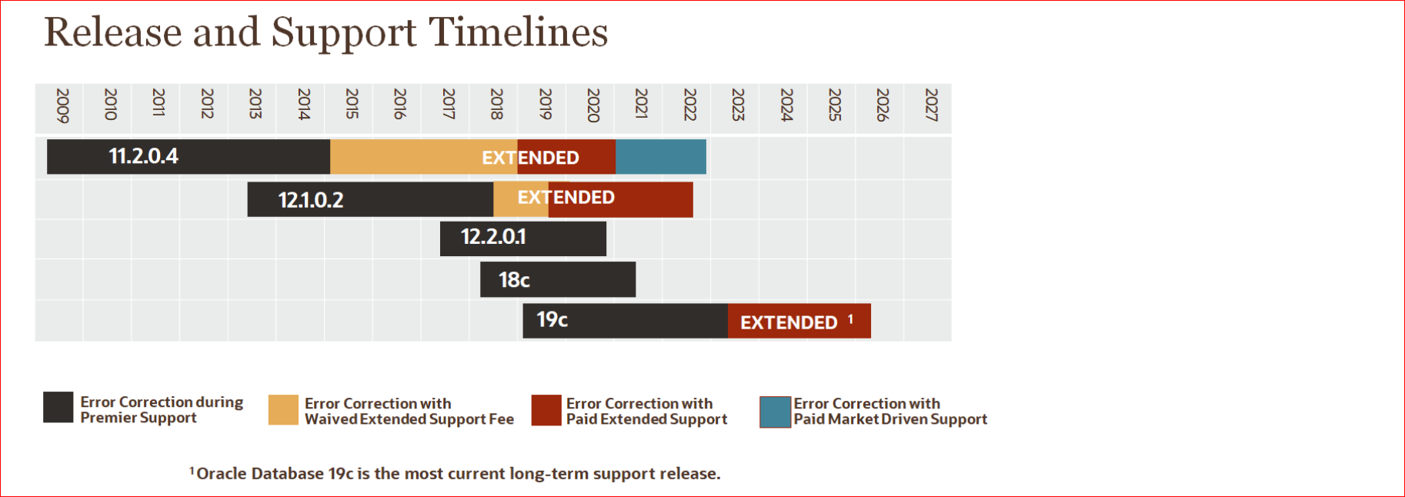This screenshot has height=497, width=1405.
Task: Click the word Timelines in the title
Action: pyautogui.click(x=518, y=32)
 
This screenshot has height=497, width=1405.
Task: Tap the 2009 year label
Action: pyautogui.click(x=62, y=105)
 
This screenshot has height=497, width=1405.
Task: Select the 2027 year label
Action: pyautogui.click(x=930, y=105)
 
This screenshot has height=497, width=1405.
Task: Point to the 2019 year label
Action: pyautogui.click(x=545, y=105)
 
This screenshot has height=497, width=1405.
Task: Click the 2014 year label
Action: pyautogui.click(x=303, y=105)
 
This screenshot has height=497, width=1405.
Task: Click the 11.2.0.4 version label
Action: pyautogui.click(x=143, y=156)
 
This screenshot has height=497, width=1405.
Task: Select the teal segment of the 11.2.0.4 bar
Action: pyautogui.click(x=660, y=157)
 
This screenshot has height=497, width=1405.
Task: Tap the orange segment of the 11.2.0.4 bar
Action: pyautogui.click(x=408, y=157)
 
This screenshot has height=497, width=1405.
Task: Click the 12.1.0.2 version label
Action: pyautogui.click(x=311, y=200)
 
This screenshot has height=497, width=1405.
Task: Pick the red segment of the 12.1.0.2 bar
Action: pyautogui.click(x=646, y=200)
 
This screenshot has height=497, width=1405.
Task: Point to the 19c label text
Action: pyautogui.click(x=552, y=319)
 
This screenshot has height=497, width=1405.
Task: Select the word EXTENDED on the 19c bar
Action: pyautogui.click(x=789, y=322)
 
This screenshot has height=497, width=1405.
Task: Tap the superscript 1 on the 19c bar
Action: pyautogui.click(x=850, y=319)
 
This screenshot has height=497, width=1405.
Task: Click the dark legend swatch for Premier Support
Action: pyautogui.click(x=58, y=407)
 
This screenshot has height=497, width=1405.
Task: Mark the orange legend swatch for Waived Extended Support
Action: pyautogui.click(x=283, y=410)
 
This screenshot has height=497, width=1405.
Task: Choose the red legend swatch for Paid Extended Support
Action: pyautogui.click(x=546, y=410)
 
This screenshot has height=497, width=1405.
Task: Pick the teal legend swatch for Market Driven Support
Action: pyautogui.click(x=775, y=412)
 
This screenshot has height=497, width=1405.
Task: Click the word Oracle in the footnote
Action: pyautogui.click(x=221, y=474)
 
